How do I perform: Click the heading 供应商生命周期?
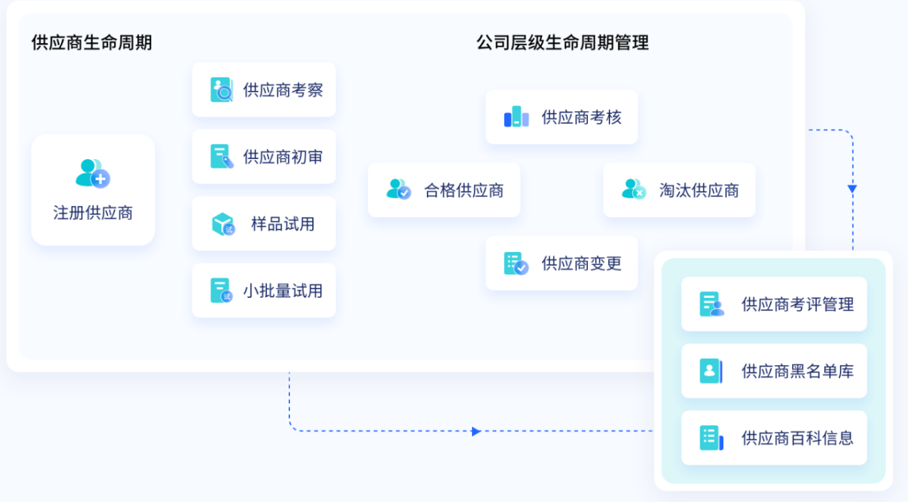[92, 42]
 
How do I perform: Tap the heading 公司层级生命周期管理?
[562, 42]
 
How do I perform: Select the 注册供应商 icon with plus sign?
[93, 173]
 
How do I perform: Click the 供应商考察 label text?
[283, 90]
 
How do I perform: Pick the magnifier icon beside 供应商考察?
[221, 90]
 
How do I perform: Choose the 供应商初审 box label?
[283, 157]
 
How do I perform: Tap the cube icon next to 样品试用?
[223, 224]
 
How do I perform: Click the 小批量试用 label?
[283, 291]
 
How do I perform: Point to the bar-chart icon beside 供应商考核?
[516, 117]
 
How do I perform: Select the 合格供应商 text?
[464, 190]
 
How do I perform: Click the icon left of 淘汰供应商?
[634, 190]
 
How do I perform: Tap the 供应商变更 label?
[581, 264]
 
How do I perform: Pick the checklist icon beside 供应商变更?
[516, 264]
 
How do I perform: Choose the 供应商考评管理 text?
[797, 304]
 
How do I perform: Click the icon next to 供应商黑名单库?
[710, 371]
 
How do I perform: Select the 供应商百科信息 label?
[797, 438]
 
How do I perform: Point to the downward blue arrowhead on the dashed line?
[852, 189]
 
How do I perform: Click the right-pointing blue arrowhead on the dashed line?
[476, 431]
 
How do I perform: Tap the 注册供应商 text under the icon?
[93, 213]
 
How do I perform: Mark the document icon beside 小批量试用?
[221, 291]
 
